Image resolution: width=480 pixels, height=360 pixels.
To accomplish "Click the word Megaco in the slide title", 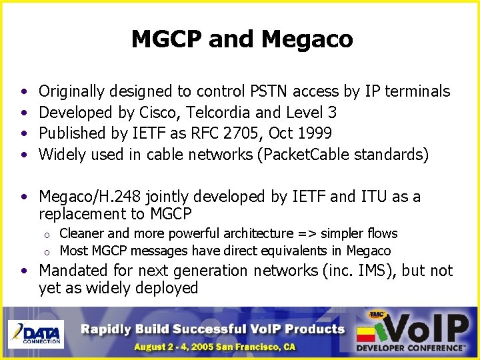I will click(x=307, y=39).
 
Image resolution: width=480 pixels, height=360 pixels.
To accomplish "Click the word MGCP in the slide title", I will click(x=167, y=39).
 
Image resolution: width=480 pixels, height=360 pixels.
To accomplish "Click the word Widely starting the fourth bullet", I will click(x=61, y=155).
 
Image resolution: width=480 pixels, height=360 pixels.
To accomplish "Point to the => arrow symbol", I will click(x=307, y=233).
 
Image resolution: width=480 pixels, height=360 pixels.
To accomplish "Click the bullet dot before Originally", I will click(x=23, y=91).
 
